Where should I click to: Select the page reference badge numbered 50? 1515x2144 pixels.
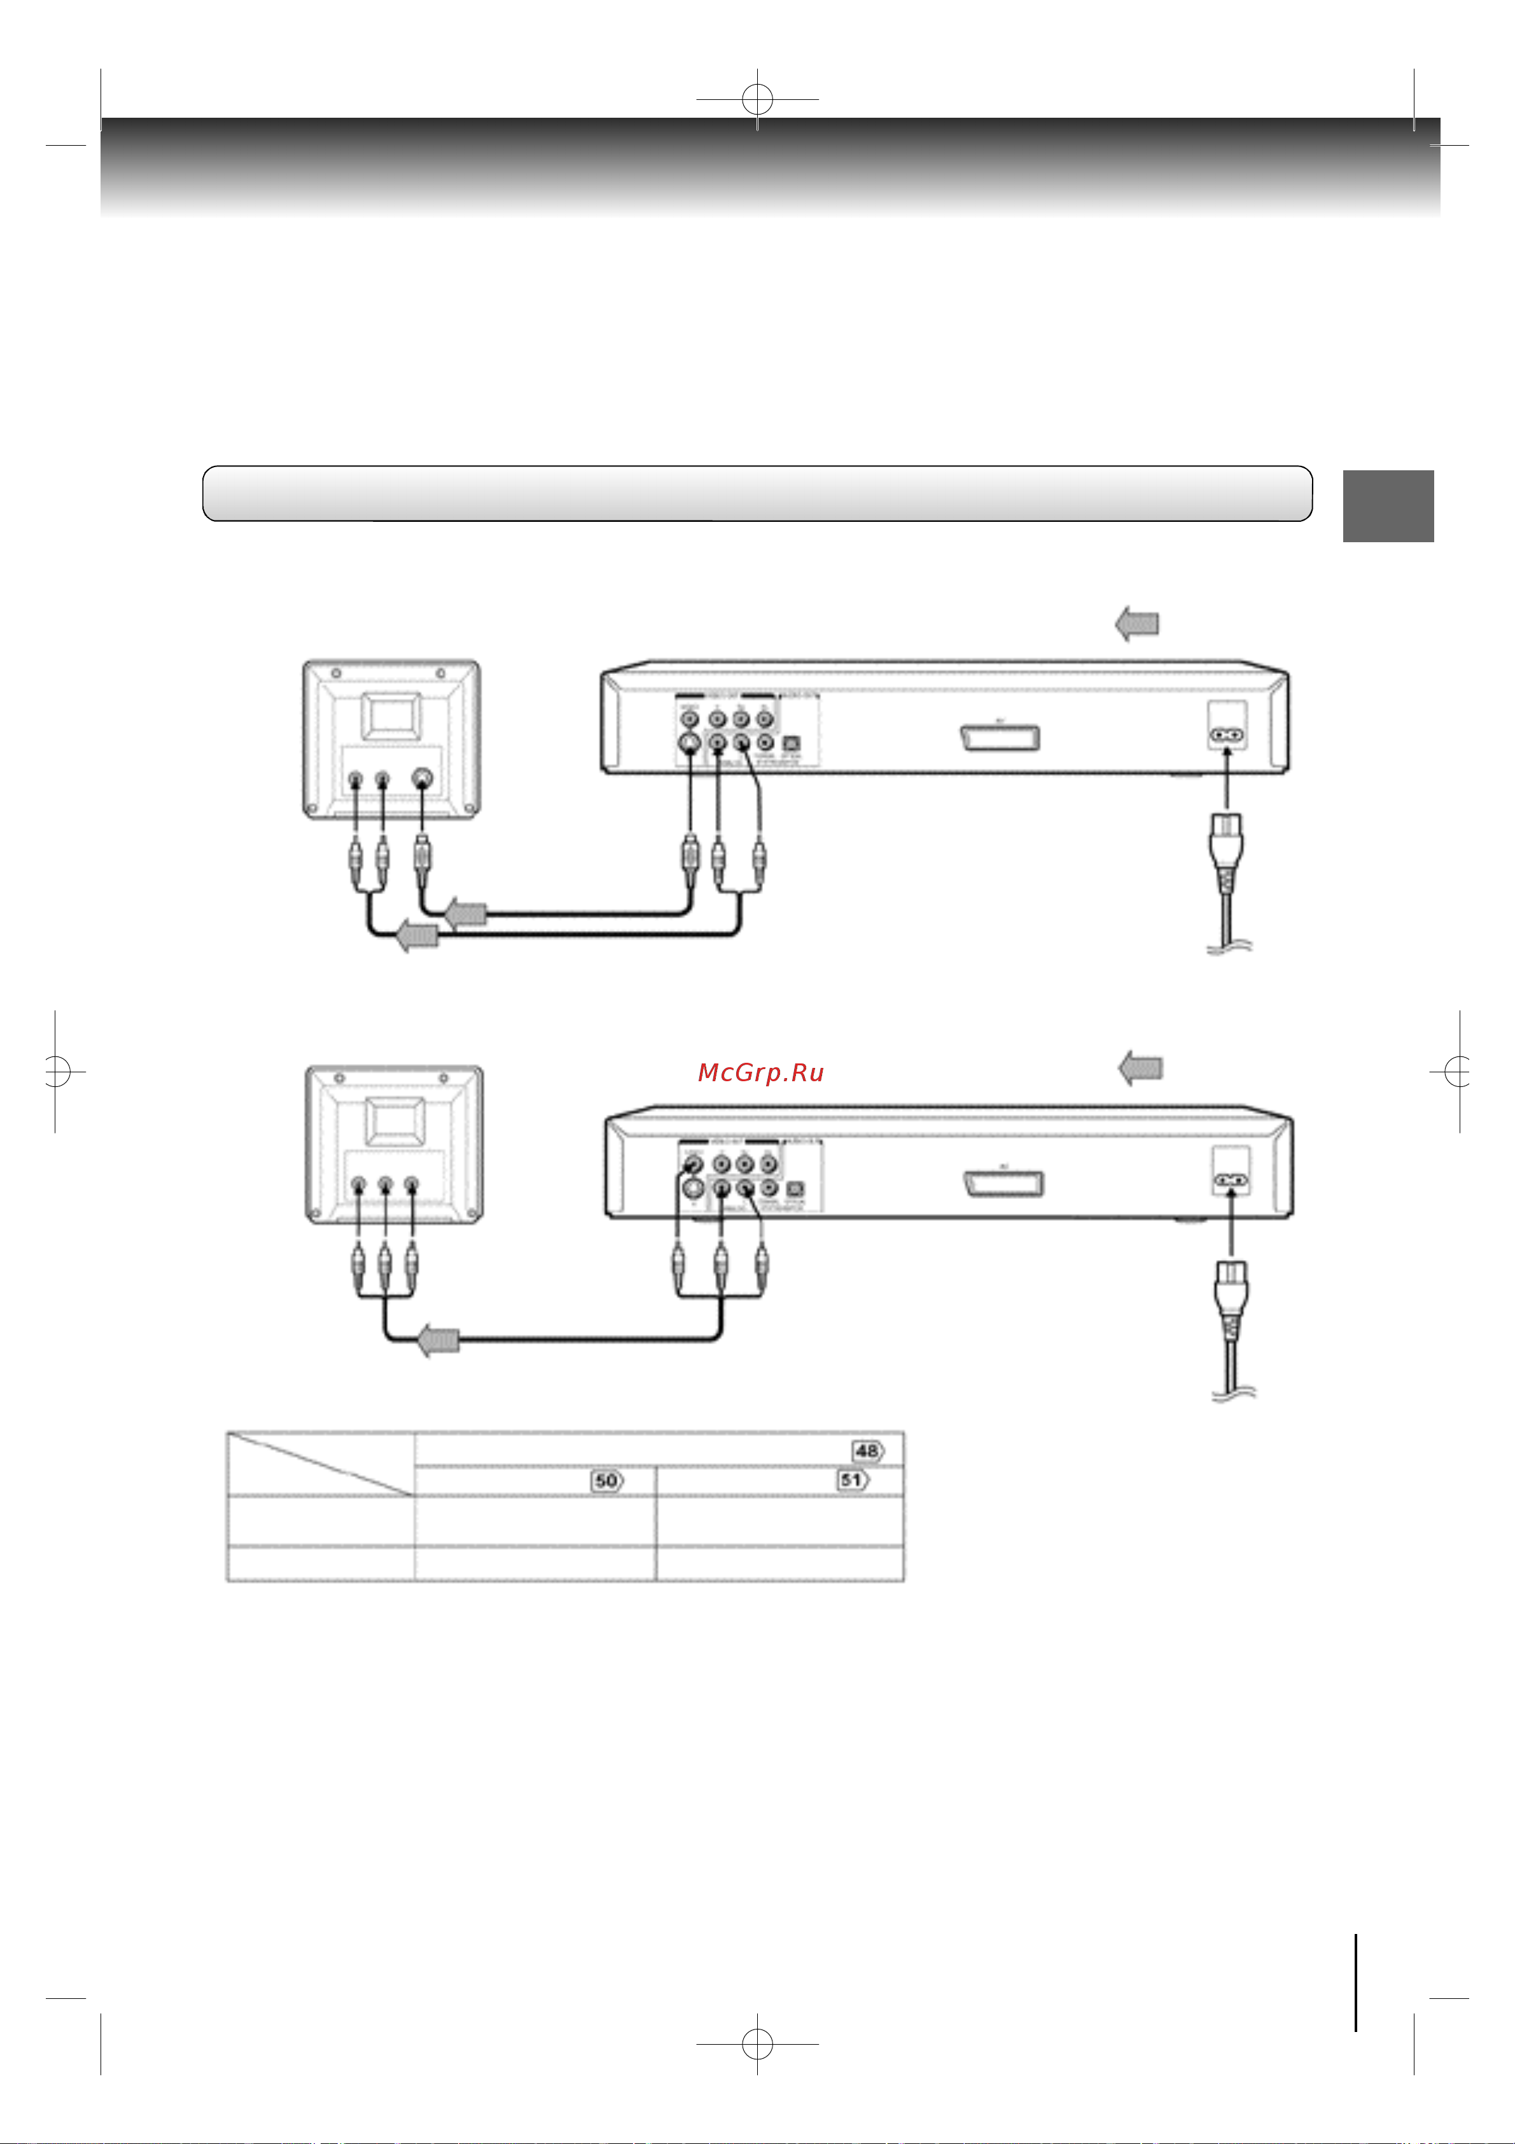607,1480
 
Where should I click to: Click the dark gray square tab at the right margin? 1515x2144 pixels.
1388,505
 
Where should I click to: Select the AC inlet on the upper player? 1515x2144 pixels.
1227,735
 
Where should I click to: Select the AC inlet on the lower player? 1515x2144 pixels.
1231,1181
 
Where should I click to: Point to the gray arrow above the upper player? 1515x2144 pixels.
1137,623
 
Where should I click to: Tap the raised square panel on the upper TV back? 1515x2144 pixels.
391,716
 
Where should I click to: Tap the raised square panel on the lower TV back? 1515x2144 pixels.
395,1121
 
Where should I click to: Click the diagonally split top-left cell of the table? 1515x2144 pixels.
320,1463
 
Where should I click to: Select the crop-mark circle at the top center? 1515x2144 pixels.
757,99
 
